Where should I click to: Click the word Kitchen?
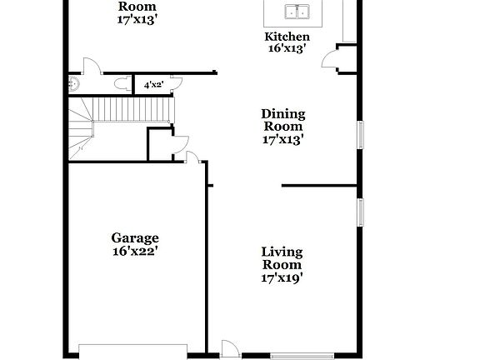287,37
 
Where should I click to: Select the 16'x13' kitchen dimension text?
287,49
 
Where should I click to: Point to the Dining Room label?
283,120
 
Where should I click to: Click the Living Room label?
282,258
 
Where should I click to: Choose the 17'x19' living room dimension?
282,278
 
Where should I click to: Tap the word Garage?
135,238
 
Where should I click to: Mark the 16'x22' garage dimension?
135,251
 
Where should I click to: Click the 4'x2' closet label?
153,85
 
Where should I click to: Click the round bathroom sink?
74,82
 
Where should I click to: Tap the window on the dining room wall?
361,136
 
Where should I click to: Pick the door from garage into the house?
192,158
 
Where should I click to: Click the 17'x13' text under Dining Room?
283,140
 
